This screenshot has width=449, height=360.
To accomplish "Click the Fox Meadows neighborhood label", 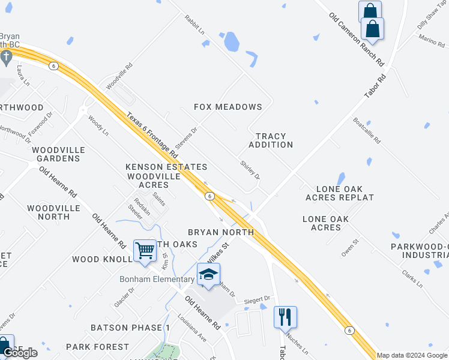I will click(228, 107).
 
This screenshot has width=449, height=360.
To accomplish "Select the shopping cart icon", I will click(145, 250).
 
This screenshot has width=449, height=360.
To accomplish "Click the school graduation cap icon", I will click(208, 274).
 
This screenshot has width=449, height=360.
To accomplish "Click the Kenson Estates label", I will click(166, 167).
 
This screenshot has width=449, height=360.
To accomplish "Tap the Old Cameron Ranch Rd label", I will click(357, 38).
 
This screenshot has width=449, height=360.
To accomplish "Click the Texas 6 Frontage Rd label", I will click(152, 136).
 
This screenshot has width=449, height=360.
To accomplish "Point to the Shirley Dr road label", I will click(250, 170).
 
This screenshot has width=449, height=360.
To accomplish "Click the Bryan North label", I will click(221, 232).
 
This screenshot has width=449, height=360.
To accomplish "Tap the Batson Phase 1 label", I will click(130, 328).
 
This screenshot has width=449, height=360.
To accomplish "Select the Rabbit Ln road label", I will click(195, 25).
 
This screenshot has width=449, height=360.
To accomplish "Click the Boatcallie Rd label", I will click(367, 131).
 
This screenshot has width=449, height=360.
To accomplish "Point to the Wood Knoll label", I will click(101, 259).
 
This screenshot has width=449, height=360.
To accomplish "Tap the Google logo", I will click(20, 353).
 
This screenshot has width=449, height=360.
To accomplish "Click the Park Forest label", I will click(97, 347).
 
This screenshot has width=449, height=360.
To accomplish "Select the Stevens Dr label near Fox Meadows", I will click(186, 138).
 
